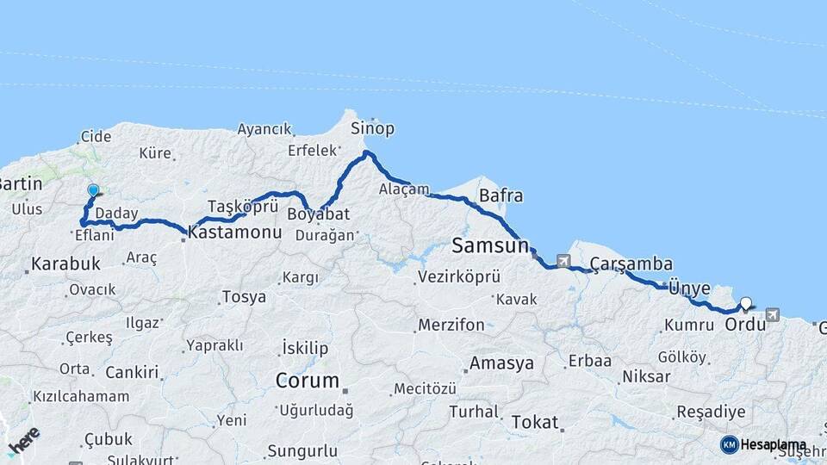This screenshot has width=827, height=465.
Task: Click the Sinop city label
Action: [372, 128]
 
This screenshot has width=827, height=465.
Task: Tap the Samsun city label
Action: [489, 246]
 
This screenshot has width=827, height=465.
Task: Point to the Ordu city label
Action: [743, 325]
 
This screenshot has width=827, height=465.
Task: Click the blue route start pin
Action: [93, 191]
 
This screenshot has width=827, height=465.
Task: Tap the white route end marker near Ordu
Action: [746, 303]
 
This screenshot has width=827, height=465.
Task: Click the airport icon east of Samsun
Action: [563, 261]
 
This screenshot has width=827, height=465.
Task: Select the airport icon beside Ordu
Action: [772, 315]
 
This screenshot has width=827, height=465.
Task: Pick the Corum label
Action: [307, 380]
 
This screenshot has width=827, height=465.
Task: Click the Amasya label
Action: [501, 363]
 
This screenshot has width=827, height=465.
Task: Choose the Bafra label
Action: [501, 195]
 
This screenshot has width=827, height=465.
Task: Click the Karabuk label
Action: [66, 263]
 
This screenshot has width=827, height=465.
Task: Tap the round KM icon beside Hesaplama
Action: [729, 444]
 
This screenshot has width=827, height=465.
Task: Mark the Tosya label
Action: [244, 297]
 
